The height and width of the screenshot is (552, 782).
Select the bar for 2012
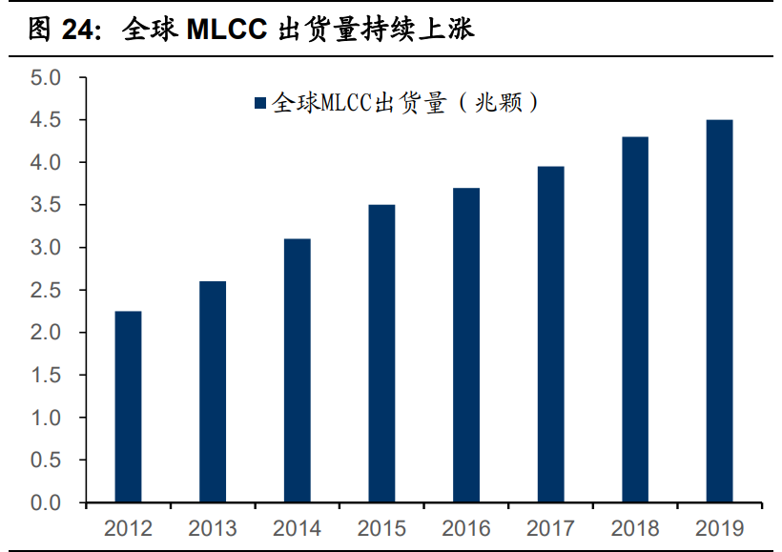[128, 407]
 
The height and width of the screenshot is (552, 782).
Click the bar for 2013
[213, 392]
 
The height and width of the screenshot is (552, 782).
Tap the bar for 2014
[297, 371]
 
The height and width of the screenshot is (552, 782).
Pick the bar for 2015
[381, 354]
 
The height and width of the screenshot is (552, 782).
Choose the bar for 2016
[465, 345]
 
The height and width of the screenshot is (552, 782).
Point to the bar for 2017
[550, 335]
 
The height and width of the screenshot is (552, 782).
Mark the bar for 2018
[635, 319]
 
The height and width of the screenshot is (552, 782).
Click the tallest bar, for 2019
[719, 311]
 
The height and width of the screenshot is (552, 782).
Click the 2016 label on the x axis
[465, 528]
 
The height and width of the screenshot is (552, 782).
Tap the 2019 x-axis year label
[719, 528]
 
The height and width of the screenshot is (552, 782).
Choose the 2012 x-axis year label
[128, 528]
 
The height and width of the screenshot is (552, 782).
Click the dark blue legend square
[260, 104]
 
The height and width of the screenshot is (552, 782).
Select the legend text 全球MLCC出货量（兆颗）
[405, 104]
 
